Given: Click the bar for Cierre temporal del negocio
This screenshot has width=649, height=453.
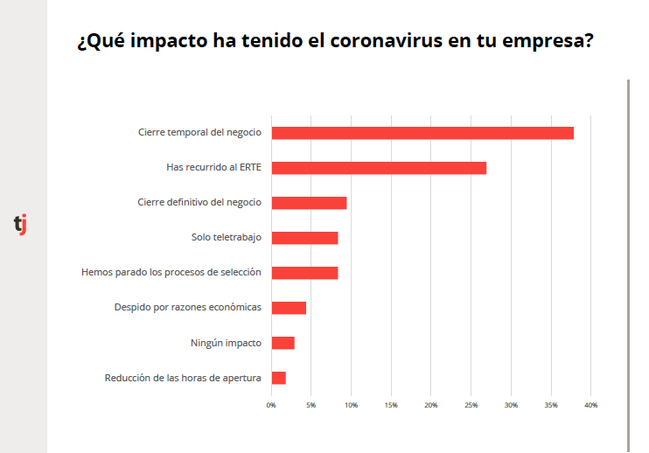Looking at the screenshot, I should [422, 133].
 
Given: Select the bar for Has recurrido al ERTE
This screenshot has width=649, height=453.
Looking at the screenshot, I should [379, 168].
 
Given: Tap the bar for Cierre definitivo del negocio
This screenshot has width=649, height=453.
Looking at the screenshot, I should [309, 203].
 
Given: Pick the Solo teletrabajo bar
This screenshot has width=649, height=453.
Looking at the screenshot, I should [304, 238].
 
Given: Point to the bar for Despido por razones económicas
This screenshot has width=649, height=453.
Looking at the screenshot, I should [289, 308].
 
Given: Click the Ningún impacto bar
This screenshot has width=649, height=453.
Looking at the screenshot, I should [283, 343].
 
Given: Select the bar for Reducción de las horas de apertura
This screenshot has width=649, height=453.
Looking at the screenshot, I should [278, 378].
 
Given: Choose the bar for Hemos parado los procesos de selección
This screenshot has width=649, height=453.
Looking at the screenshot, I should [304, 273].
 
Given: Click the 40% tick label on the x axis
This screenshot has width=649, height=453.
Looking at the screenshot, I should [590, 405].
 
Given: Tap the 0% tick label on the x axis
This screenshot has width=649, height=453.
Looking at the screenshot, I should [271, 405].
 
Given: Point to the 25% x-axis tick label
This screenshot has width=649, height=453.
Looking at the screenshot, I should [471, 405].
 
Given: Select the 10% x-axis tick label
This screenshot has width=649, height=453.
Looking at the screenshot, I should [351, 405].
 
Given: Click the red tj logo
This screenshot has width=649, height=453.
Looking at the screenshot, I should [20, 224].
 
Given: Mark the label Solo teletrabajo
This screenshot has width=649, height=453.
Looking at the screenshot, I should [226, 238].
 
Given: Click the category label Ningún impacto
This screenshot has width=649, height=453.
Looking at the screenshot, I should [225, 343].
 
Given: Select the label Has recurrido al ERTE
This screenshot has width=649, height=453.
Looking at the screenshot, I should [213, 168].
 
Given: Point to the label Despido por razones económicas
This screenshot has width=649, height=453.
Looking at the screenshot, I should [187, 308].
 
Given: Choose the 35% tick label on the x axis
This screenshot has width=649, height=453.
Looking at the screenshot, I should [550, 405].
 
